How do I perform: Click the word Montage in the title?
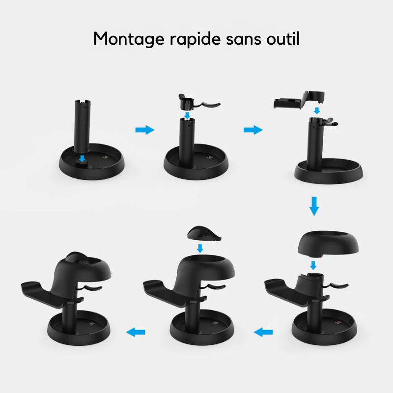129,39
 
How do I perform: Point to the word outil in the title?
283,39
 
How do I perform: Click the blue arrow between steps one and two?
145,130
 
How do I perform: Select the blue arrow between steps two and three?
253,130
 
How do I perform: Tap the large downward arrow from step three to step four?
314,206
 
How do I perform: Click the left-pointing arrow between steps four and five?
263,333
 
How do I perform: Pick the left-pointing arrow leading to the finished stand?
136,333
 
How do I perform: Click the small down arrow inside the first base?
82,158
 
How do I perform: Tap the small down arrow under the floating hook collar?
187,115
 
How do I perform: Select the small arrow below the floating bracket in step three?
317,111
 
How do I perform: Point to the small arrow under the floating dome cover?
313,265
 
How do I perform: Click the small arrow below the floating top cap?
200,249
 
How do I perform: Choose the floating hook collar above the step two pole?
198,102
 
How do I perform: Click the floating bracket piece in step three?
300,100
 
